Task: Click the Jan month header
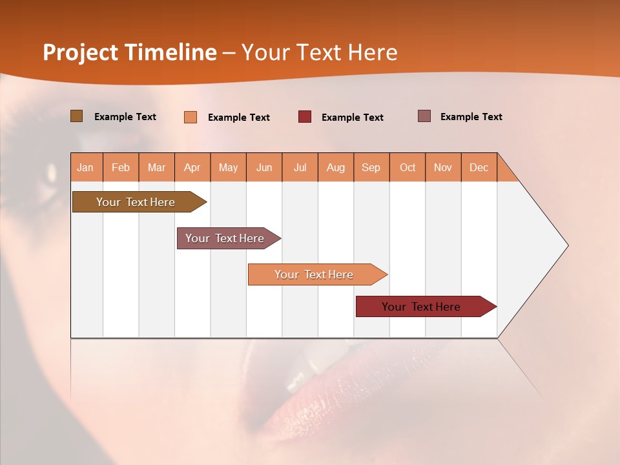[x=86, y=167]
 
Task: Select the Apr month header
[x=192, y=167]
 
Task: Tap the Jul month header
[x=300, y=167]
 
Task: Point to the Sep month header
[x=371, y=167]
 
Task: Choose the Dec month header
[x=479, y=167]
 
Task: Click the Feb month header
[x=121, y=167]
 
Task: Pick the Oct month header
[x=408, y=167]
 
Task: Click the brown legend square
[x=76, y=116]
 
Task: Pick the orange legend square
[x=191, y=117]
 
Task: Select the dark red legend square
[x=305, y=117]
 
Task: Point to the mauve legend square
[x=424, y=116]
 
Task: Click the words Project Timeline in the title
[x=129, y=52]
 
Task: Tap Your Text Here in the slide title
[x=320, y=52]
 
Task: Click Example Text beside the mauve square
[x=471, y=117]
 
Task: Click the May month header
[x=228, y=167]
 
